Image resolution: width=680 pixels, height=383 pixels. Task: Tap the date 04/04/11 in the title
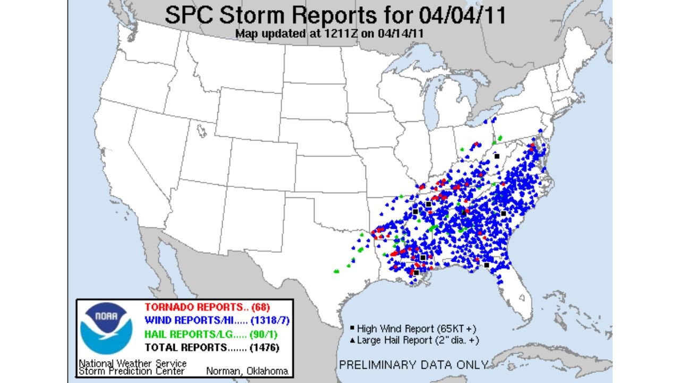[x=462, y=15]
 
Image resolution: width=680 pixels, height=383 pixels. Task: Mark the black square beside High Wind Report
[x=352, y=329]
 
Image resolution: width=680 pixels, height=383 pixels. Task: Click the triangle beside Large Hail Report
[x=352, y=340]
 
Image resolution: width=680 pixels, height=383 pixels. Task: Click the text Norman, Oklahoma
[x=247, y=371]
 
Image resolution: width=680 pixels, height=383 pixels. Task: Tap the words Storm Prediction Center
[x=131, y=371]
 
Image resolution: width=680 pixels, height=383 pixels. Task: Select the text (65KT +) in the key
[x=457, y=329]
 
